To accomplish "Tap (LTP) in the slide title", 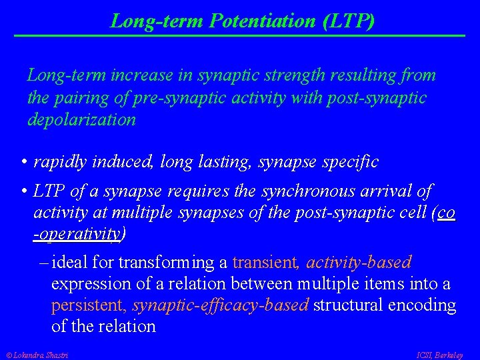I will click(x=347, y=21).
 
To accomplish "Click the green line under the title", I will click(x=239, y=35).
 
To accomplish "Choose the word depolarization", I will click(x=81, y=121).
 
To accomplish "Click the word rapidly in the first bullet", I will click(x=61, y=162).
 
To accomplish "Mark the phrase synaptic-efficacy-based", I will click(x=220, y=305).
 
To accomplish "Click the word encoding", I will click(x=423, y=305).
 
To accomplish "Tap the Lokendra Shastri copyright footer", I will click(x=37, y=355).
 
